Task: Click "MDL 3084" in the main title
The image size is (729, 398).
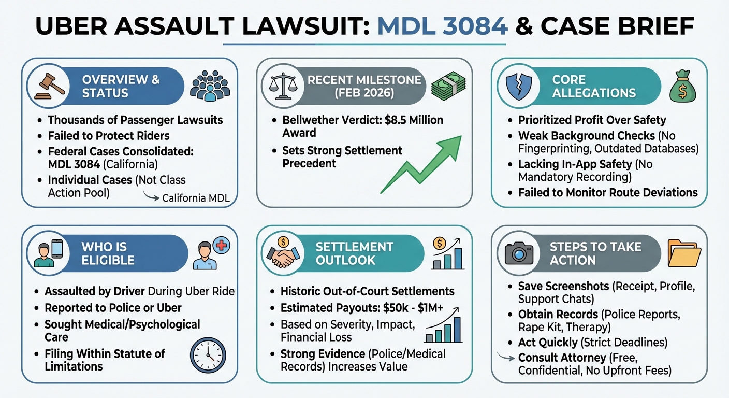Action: click(x=442, y=26)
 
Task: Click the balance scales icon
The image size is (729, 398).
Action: click(x=283, y=86)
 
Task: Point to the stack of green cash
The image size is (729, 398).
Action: click(x=448, y=86)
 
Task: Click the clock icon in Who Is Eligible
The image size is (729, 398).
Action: click(x=208, y=356)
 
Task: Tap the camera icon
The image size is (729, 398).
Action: click(x=519, y=253)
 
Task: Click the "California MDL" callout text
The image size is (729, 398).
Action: click(x=196, y=198)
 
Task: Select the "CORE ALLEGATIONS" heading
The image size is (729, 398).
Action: click(x=593, y=86)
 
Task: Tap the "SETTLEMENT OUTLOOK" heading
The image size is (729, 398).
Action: click(x=354, y=253)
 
